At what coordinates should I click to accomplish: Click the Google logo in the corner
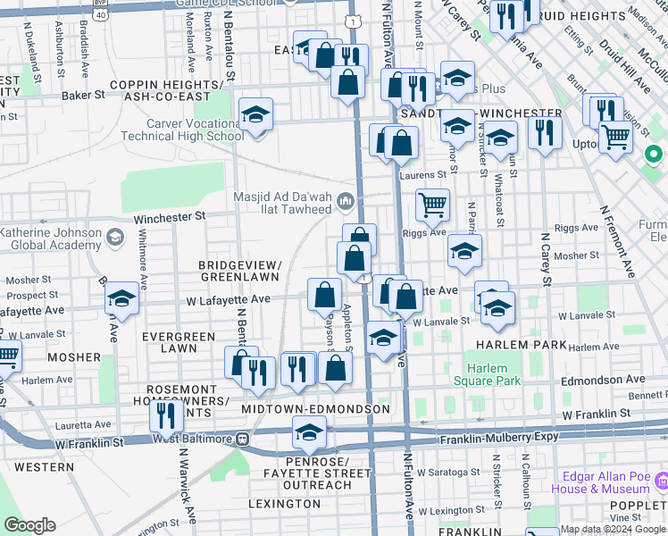[29, 525]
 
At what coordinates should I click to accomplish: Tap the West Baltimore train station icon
[241, 439]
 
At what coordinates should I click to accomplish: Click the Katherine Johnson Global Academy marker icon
[114, 238]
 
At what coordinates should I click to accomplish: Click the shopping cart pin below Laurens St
[433, 205]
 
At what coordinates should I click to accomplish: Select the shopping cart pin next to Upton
[615, 138]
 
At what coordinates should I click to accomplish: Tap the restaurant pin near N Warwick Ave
[166, 415]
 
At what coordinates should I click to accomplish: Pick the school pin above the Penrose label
[309, 433]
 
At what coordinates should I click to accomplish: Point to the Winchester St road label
[170, 216]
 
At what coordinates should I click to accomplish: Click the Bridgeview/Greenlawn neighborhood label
[240, 272]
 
